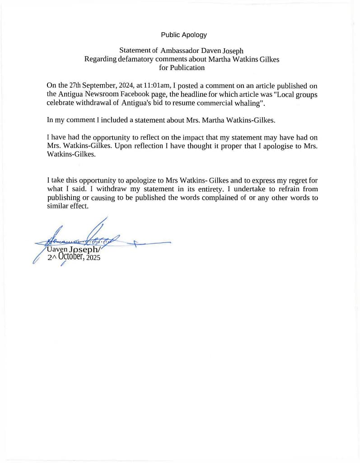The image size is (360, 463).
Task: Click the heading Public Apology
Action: pyautogui.click(x=184, y=35)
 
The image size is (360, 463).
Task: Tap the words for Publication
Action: pyautogui.click(x=182, y=68)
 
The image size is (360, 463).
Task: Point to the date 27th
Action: pyautogui.click(x=75, y=85)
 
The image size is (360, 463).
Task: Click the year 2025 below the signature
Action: pyautogui.click(x=93, y=258)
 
